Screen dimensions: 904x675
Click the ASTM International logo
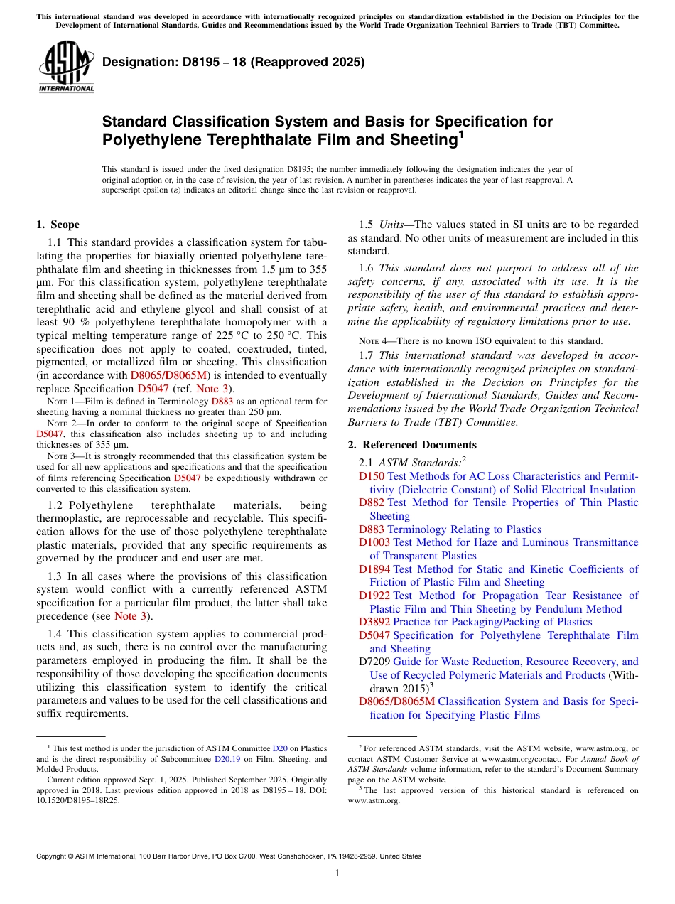tap(66, 68)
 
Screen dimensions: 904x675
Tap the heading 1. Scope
tap(58, 225)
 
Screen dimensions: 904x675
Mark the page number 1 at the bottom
tap(337, 873)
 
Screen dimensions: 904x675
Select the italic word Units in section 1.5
tap(392, 225)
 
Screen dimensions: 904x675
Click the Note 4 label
tap(374, 340)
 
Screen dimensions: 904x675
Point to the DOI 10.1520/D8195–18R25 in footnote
tap(78, 800)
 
